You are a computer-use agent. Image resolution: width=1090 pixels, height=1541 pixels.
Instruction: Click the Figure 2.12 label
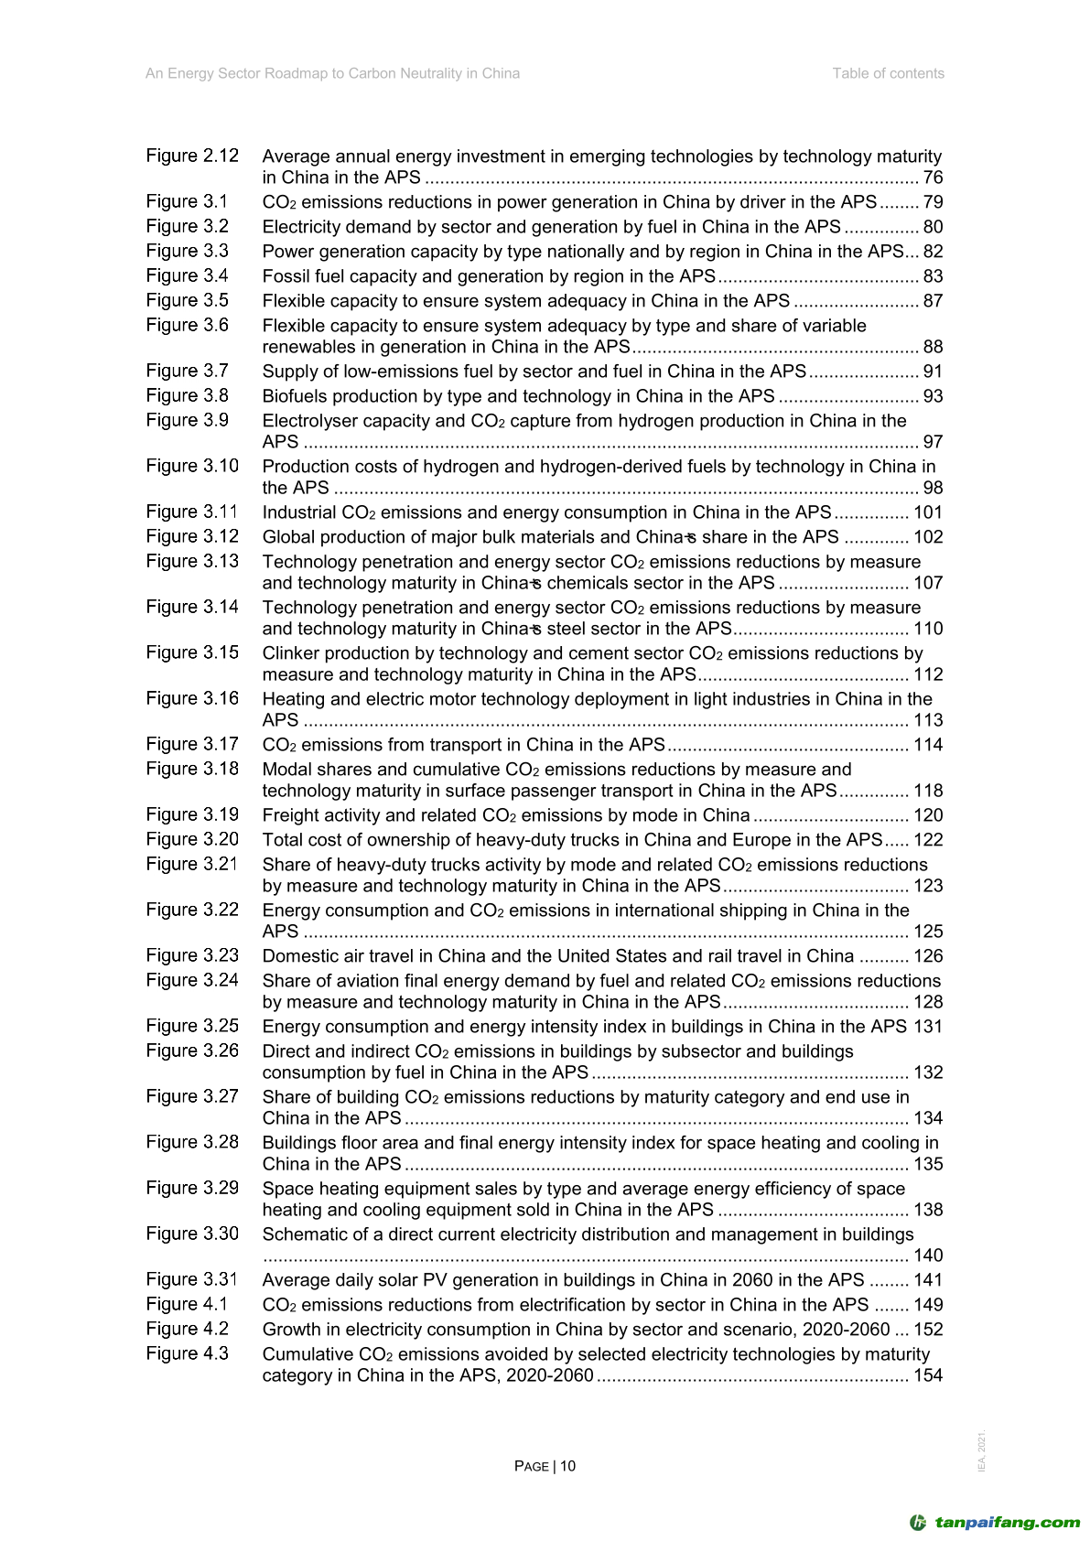pyautogui.click(x=192, y=156)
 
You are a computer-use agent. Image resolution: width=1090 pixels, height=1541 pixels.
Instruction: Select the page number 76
pyautogui.click(x=933, y=178)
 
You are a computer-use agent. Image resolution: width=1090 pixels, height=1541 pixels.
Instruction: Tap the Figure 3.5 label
pyautogui.click(x=188, y=300)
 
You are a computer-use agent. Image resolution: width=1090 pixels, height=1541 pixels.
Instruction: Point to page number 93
pyautogui.click(x=933, y=396)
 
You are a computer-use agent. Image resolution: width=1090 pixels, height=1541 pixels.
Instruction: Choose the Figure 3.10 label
pyautogui.click(x=192, y=466)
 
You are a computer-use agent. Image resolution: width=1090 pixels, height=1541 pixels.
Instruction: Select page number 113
pyautogui.click(x=928, y=720)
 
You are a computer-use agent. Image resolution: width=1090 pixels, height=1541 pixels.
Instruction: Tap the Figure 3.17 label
pyautogui.click(x=192, y=744)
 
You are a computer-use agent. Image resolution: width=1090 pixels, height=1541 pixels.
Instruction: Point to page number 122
pyautogui.click(x=928, y=840)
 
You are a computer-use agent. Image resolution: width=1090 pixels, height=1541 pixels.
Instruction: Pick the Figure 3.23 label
pyautogui.click(x=192, y=955)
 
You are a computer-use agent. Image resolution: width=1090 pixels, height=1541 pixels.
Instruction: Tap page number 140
pyautogui.click(x=928, y=1255)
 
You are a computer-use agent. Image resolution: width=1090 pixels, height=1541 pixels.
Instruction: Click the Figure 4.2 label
pyautogui.click(x=188, y=1329)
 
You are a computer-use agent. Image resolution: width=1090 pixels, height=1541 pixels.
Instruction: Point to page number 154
pyautogui.click(x=928, y=1375)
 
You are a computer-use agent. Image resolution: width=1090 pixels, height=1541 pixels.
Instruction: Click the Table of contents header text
pyautogui.click(x=888, y=73)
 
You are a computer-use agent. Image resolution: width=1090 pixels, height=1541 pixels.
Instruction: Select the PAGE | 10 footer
pyautogui.click(x=545, y=1466)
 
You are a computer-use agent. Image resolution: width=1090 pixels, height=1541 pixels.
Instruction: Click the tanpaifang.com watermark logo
pyautogui.click(x=995, y=1523)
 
